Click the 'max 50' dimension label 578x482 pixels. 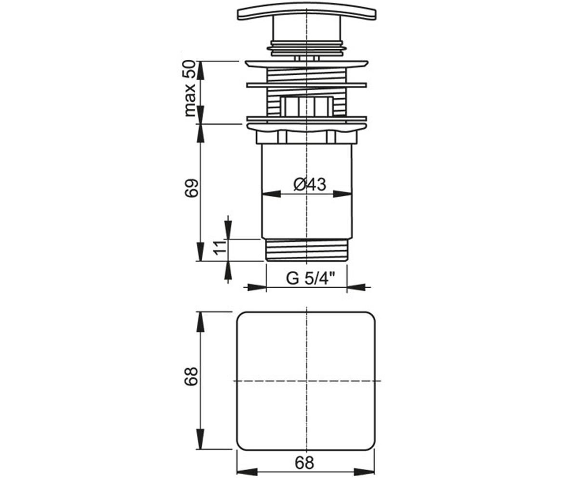190,89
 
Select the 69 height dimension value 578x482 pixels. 192,188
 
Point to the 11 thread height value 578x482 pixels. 220,247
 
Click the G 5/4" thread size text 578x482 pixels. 311,279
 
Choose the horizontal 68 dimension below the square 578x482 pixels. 304,463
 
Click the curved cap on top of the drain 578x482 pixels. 307,11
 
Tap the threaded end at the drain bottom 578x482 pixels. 306,250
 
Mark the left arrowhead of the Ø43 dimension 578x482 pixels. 271,194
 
